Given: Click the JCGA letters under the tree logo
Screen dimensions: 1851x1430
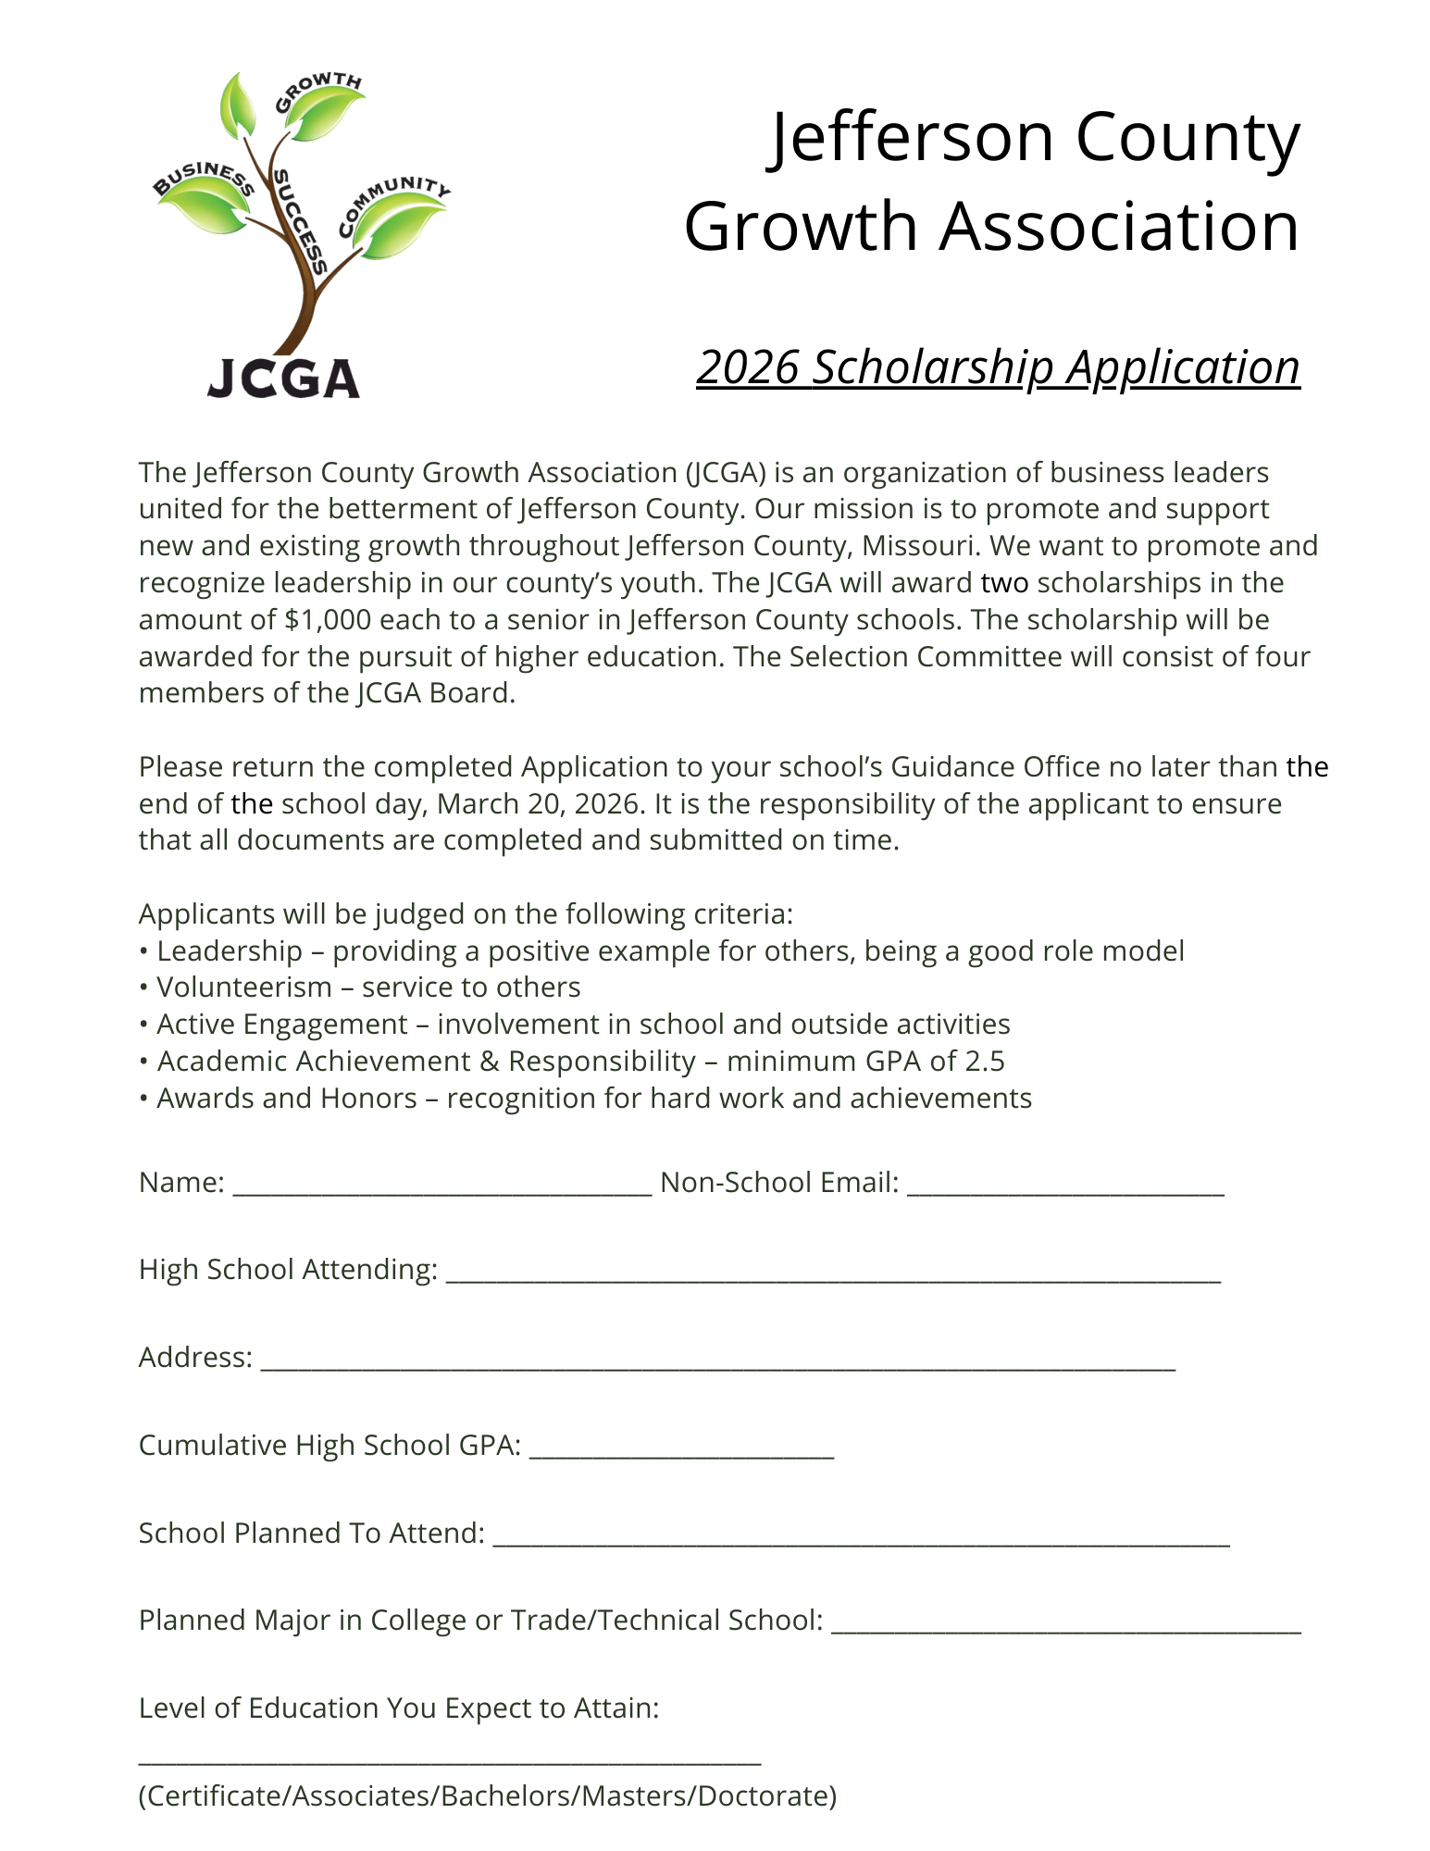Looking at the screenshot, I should coord(283,379).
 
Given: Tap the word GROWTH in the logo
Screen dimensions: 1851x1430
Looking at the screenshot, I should coord(317,91).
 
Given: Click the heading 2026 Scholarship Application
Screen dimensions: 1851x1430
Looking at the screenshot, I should coord(998,367).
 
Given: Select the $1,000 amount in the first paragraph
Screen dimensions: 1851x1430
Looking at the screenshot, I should coord(326,619).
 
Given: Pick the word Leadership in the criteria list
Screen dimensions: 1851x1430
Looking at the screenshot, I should coord(230,950).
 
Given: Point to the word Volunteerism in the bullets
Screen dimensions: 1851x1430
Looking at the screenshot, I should coord(244,988).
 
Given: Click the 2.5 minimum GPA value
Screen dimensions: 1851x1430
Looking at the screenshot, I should coord(984,1061).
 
